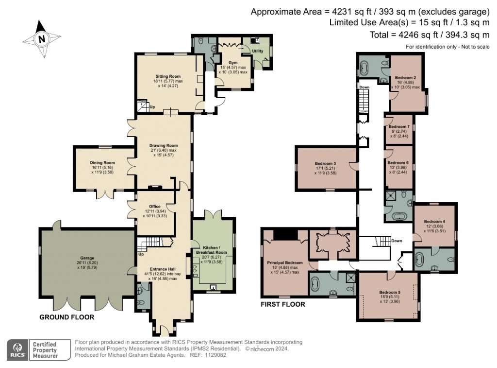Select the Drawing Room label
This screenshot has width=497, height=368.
(x=163, y=145)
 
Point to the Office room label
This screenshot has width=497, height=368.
(x=155, y=206)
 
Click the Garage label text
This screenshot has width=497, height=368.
(x=87, y=258)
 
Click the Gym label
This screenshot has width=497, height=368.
(x=232, y=63)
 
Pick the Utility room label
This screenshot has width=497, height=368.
(x=257, y=51)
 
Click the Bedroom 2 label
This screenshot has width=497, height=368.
(x=405, y=77)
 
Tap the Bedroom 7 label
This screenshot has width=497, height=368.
(x=399, y=126)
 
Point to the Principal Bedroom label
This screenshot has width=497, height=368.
(x=285, y=262)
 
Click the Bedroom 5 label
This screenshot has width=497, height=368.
(x=390, y=292)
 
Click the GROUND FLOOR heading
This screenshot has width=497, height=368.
(x=66, y=317)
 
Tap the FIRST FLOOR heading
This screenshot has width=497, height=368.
(x=282, y=304)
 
